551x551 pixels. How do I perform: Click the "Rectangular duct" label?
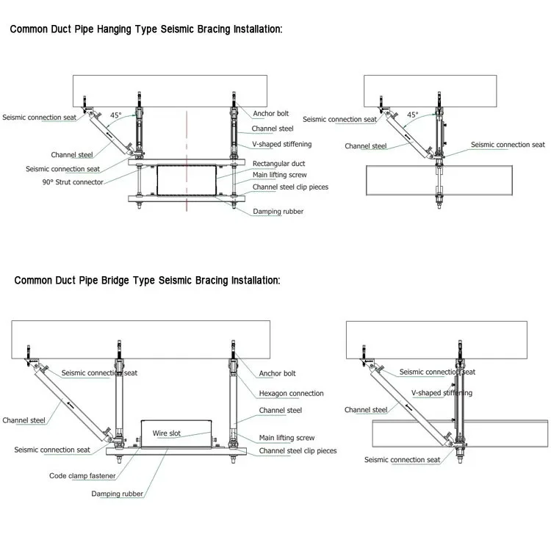pyautogui.click(x=278, y=163)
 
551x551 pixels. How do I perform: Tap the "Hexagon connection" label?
pyautogui.click(x=291, y=393)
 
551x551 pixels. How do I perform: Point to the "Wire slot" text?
pyautogui.click(x=166, y=433)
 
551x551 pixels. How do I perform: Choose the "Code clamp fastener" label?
pyautogui.click(x=82, y=475)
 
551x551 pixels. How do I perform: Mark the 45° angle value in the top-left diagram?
pyautogui.click(x=116, y=115)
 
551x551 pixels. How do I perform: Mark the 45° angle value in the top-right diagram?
pyautogui.click(x=412, y=115)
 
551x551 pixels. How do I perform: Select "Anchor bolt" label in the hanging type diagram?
pyautogui.click(x=271, y=114)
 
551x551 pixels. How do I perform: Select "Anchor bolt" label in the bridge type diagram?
pyautogui.click(x=278, y=373)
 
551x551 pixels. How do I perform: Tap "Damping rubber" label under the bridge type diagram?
pyautogui.click(x=117, y=494)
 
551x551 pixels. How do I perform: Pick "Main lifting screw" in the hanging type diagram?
pyautogui.click(x=279, y=175)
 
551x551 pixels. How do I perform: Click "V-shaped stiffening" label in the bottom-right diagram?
pyautogui.click(x=442, y=393)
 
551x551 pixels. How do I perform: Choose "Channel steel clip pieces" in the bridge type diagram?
pyautogui.click(x=298, y=450)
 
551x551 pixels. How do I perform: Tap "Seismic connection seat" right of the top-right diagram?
pyautogui.click(x=508, y=145)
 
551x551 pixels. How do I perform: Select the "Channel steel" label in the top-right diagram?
pyautogui.click(x=365, y=146)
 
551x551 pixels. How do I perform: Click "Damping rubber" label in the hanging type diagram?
pyautogui.click(x=278, y=212)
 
